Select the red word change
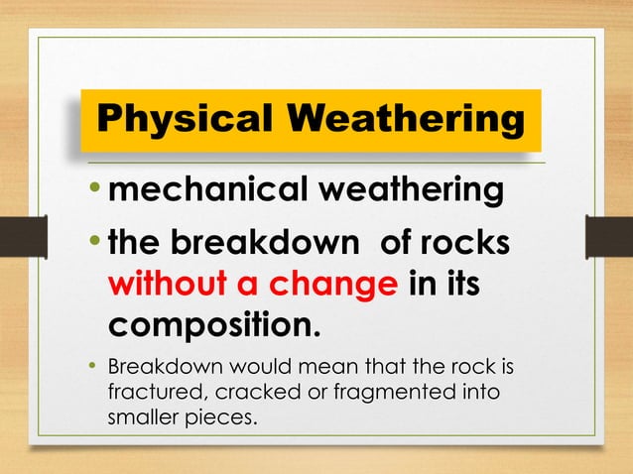330,287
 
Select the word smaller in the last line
139,418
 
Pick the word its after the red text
460,287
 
